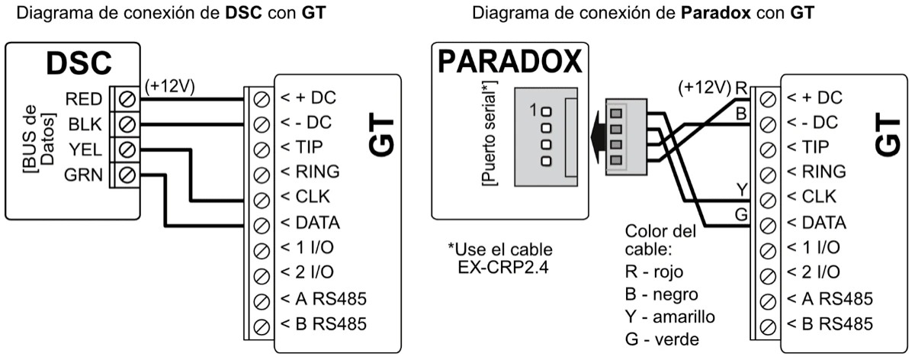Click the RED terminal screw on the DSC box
point(128,98)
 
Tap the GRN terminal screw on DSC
point(128,175)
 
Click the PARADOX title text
point(509,63)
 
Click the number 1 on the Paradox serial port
point(533,110)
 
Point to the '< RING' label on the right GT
point(817,172)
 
